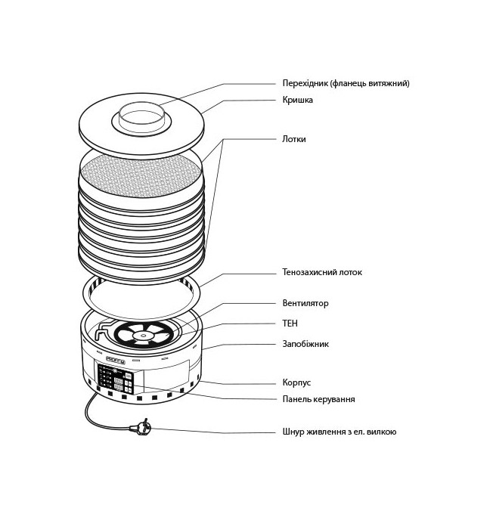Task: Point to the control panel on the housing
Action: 115,377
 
